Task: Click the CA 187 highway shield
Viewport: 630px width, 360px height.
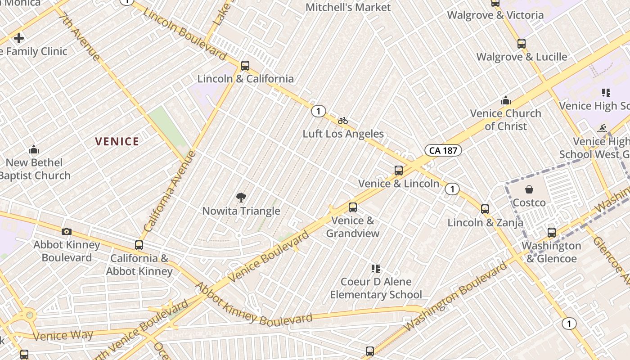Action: [x=443, y=150]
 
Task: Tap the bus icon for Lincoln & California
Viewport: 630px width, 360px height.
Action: [x=245, y=65]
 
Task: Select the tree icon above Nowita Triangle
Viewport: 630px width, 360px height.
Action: [x=241, y=197]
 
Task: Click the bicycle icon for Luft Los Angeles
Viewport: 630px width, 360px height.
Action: [x=343, y=121]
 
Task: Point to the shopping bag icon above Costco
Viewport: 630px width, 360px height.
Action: [x=529, y=189]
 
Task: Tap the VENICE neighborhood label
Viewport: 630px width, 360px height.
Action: [x=117, y=142]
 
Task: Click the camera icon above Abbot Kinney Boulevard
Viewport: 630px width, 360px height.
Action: [x=67, y=231]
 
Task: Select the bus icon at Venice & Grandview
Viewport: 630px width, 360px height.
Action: [x=353, y=207]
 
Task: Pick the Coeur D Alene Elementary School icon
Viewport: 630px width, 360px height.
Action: [x=376, y=269]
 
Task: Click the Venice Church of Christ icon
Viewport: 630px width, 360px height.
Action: [x=506, y=100]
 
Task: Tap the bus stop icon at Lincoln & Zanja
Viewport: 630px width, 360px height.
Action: [x=485, y=209]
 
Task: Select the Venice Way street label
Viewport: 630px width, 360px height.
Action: [x=63, y=336]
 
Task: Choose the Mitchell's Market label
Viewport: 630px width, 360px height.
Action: [x=348, y=7]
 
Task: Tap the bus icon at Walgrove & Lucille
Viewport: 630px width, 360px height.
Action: [x=522, y=44]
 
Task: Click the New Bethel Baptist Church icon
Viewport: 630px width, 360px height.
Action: [x=34, y=149]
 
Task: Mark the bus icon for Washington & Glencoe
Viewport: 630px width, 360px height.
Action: [x=552, y=233]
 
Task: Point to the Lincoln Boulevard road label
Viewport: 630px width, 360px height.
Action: [x=184, y=34]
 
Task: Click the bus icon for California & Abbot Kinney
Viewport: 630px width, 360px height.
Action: [x=139, y=245]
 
